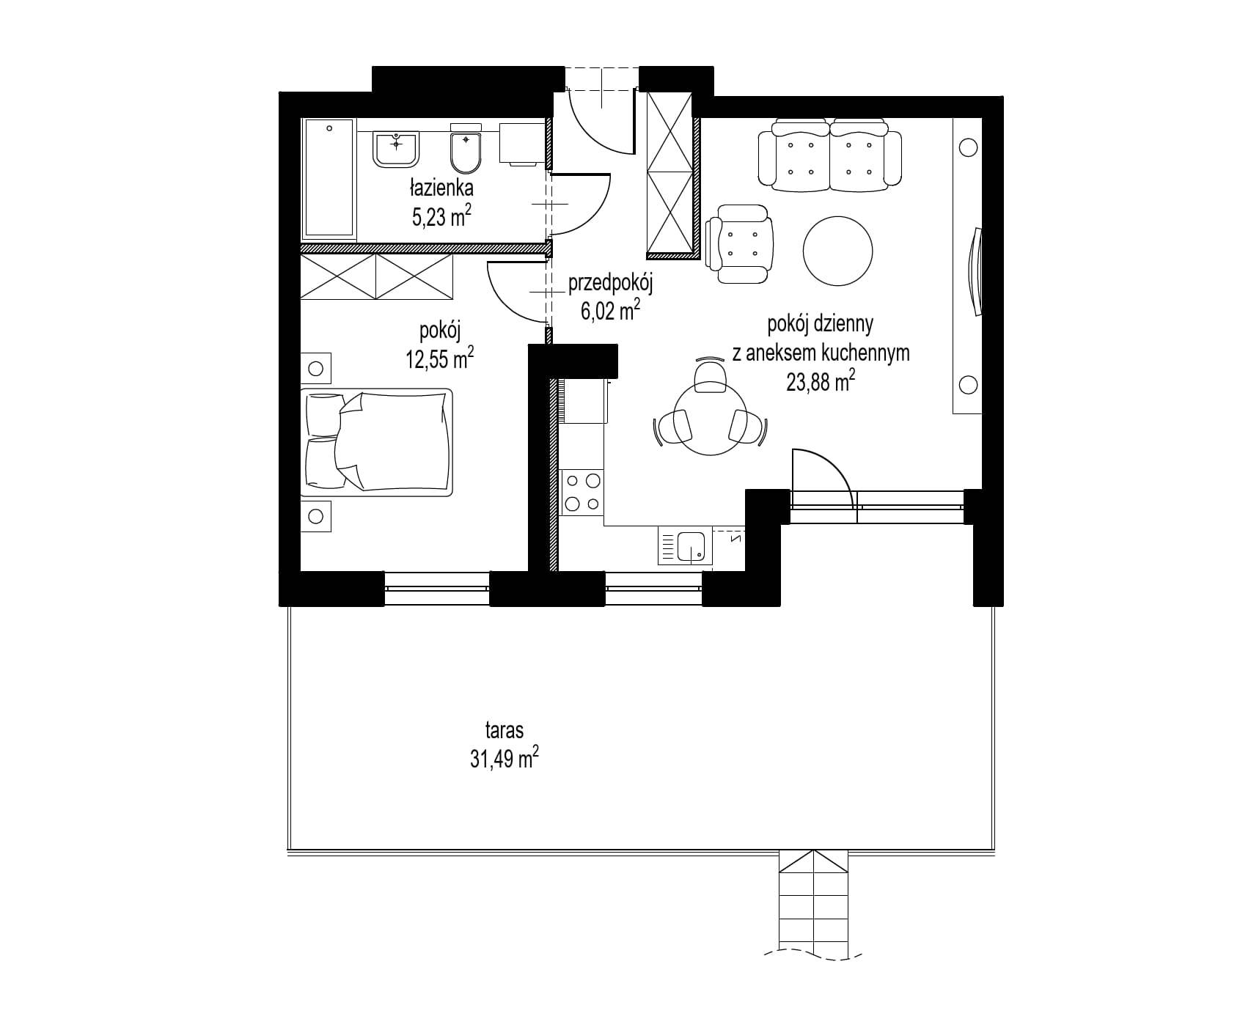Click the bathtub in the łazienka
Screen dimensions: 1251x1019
click(x=329, y=179)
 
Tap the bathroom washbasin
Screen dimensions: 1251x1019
click(x=397, y=150)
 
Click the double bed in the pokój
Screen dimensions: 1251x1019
click(x=377, y=440)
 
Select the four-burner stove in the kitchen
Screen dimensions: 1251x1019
click(x=582, y=492)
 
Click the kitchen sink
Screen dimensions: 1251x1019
click(x=686, y=548)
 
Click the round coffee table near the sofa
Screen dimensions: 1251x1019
click(x=838, y=250)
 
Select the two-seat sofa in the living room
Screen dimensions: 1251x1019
click(x=829, y=156)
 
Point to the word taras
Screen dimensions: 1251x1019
click(x=504, y=730)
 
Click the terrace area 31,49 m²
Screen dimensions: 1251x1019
click(x=505, y=759)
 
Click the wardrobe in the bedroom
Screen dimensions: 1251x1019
click(x=377, y=277)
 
